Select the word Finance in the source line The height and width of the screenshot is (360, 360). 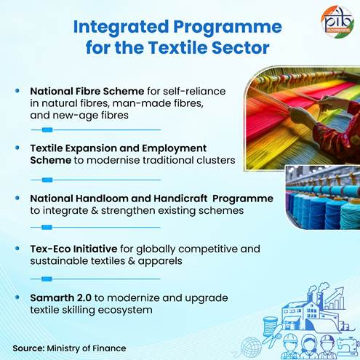(108, 348)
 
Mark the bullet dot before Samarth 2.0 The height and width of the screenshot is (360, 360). (17, 299)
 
